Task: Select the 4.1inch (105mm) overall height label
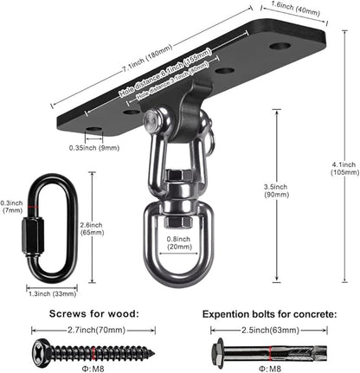[344, 167]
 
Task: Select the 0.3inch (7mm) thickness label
[11, 206]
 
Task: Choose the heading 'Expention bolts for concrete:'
[269, 315]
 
